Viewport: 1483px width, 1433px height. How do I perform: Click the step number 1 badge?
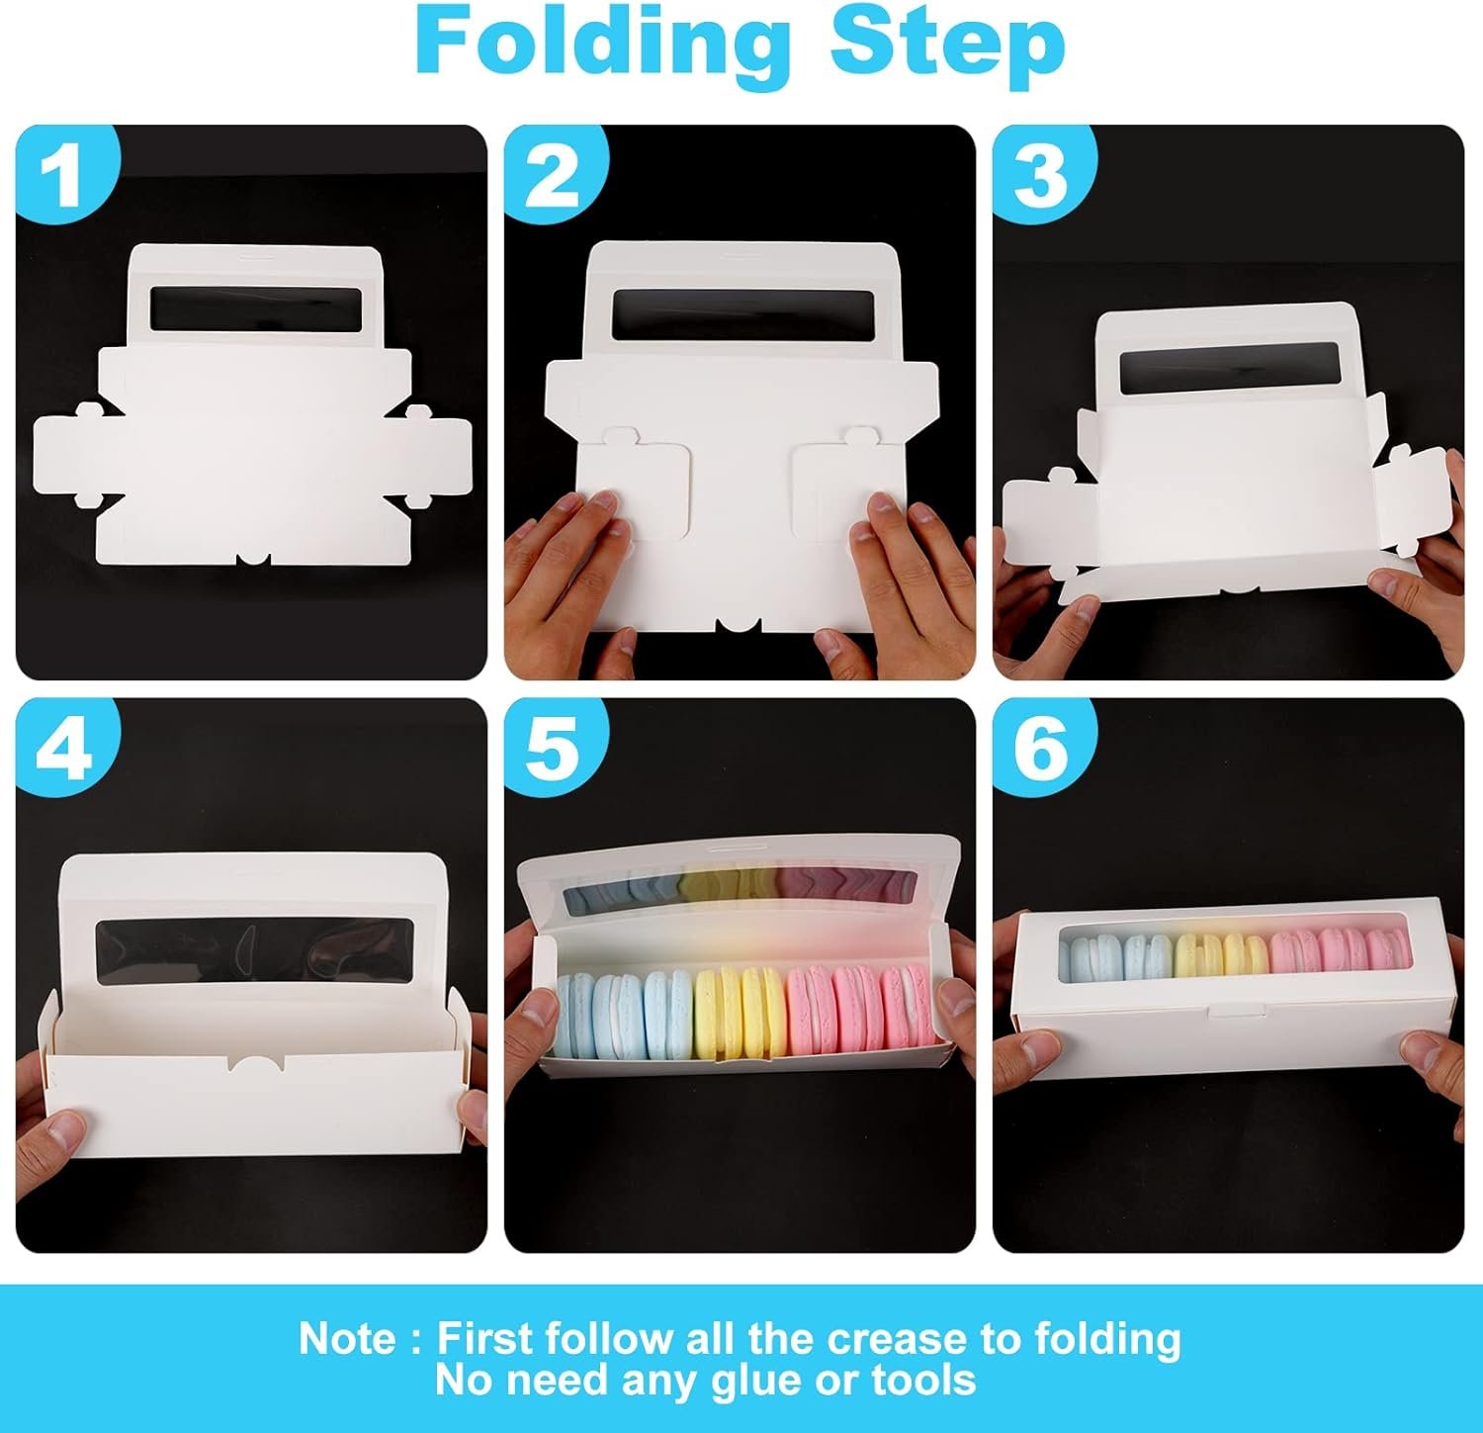pos(65,172)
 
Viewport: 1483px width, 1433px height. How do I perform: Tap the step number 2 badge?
pos(554,172)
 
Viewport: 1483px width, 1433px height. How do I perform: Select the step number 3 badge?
pos(1042,172)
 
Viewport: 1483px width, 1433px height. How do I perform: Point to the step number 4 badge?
pos(65,748)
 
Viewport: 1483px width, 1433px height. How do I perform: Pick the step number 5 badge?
pos(554,748)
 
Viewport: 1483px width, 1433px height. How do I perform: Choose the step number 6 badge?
pos(1042,748)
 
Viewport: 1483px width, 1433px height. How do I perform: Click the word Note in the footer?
pos(347,1339)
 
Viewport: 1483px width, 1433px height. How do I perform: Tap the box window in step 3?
pos(1229,365)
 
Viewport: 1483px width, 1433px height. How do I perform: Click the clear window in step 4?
pos(254,950)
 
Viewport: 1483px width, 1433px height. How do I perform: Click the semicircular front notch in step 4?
pos(255,1063)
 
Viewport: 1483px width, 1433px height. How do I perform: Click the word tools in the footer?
pos(923,1381)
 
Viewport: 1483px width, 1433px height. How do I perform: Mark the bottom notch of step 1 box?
pos(253,559)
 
